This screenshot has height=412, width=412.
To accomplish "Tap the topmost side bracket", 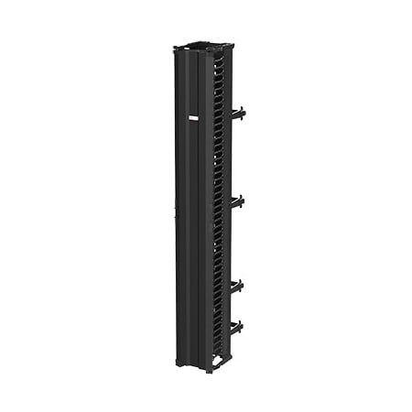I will click(236, 114).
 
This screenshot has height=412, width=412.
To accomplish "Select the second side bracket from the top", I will click(236, 201).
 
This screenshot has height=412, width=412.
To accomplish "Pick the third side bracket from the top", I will click(236, 286).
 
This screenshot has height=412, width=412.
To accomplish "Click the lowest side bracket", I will click(236, 327).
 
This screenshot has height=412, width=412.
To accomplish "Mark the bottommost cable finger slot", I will click(218, 352).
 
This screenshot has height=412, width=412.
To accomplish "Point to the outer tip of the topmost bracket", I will click(244, 113).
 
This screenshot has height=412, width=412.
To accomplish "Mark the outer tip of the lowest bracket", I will click(244, 326).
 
